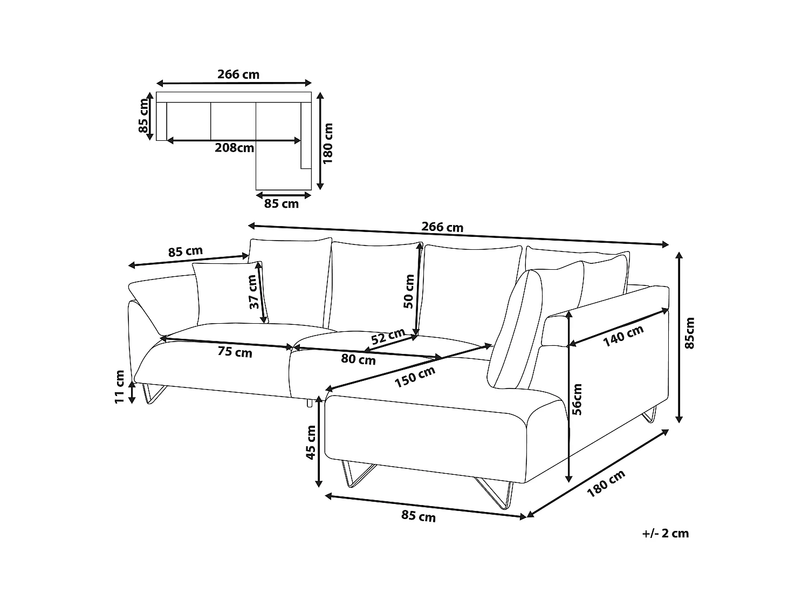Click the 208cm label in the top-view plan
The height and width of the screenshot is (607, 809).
pyautogui.click(x=234, y=147)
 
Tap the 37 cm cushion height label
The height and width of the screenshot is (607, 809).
pyautogui.click(x=253, y=291)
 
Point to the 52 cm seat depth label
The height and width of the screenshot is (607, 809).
pyautogui.click(x=388, y=337)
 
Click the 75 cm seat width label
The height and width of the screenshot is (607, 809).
pyautogui.click(x=235, y=352)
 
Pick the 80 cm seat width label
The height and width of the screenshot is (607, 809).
pyautogui.click(x=359, y=359)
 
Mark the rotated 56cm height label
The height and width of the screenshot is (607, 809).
pyautogui.click(x=577, y=399)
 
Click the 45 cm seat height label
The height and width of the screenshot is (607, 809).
pyautogui.click(x=311, y=442)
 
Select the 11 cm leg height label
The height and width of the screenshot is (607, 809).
pyautogui.click(x=120, y=386)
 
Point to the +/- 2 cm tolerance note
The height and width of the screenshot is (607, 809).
pyautogui.click(x=666, y=534)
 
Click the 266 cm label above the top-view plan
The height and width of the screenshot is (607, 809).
pyautogui.click(x=238, y=74)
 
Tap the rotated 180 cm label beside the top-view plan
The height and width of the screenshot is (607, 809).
pyautogui.click(x=328, y=143)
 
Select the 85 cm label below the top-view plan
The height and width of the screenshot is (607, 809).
pyautogui.click(x=281, y=204)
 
